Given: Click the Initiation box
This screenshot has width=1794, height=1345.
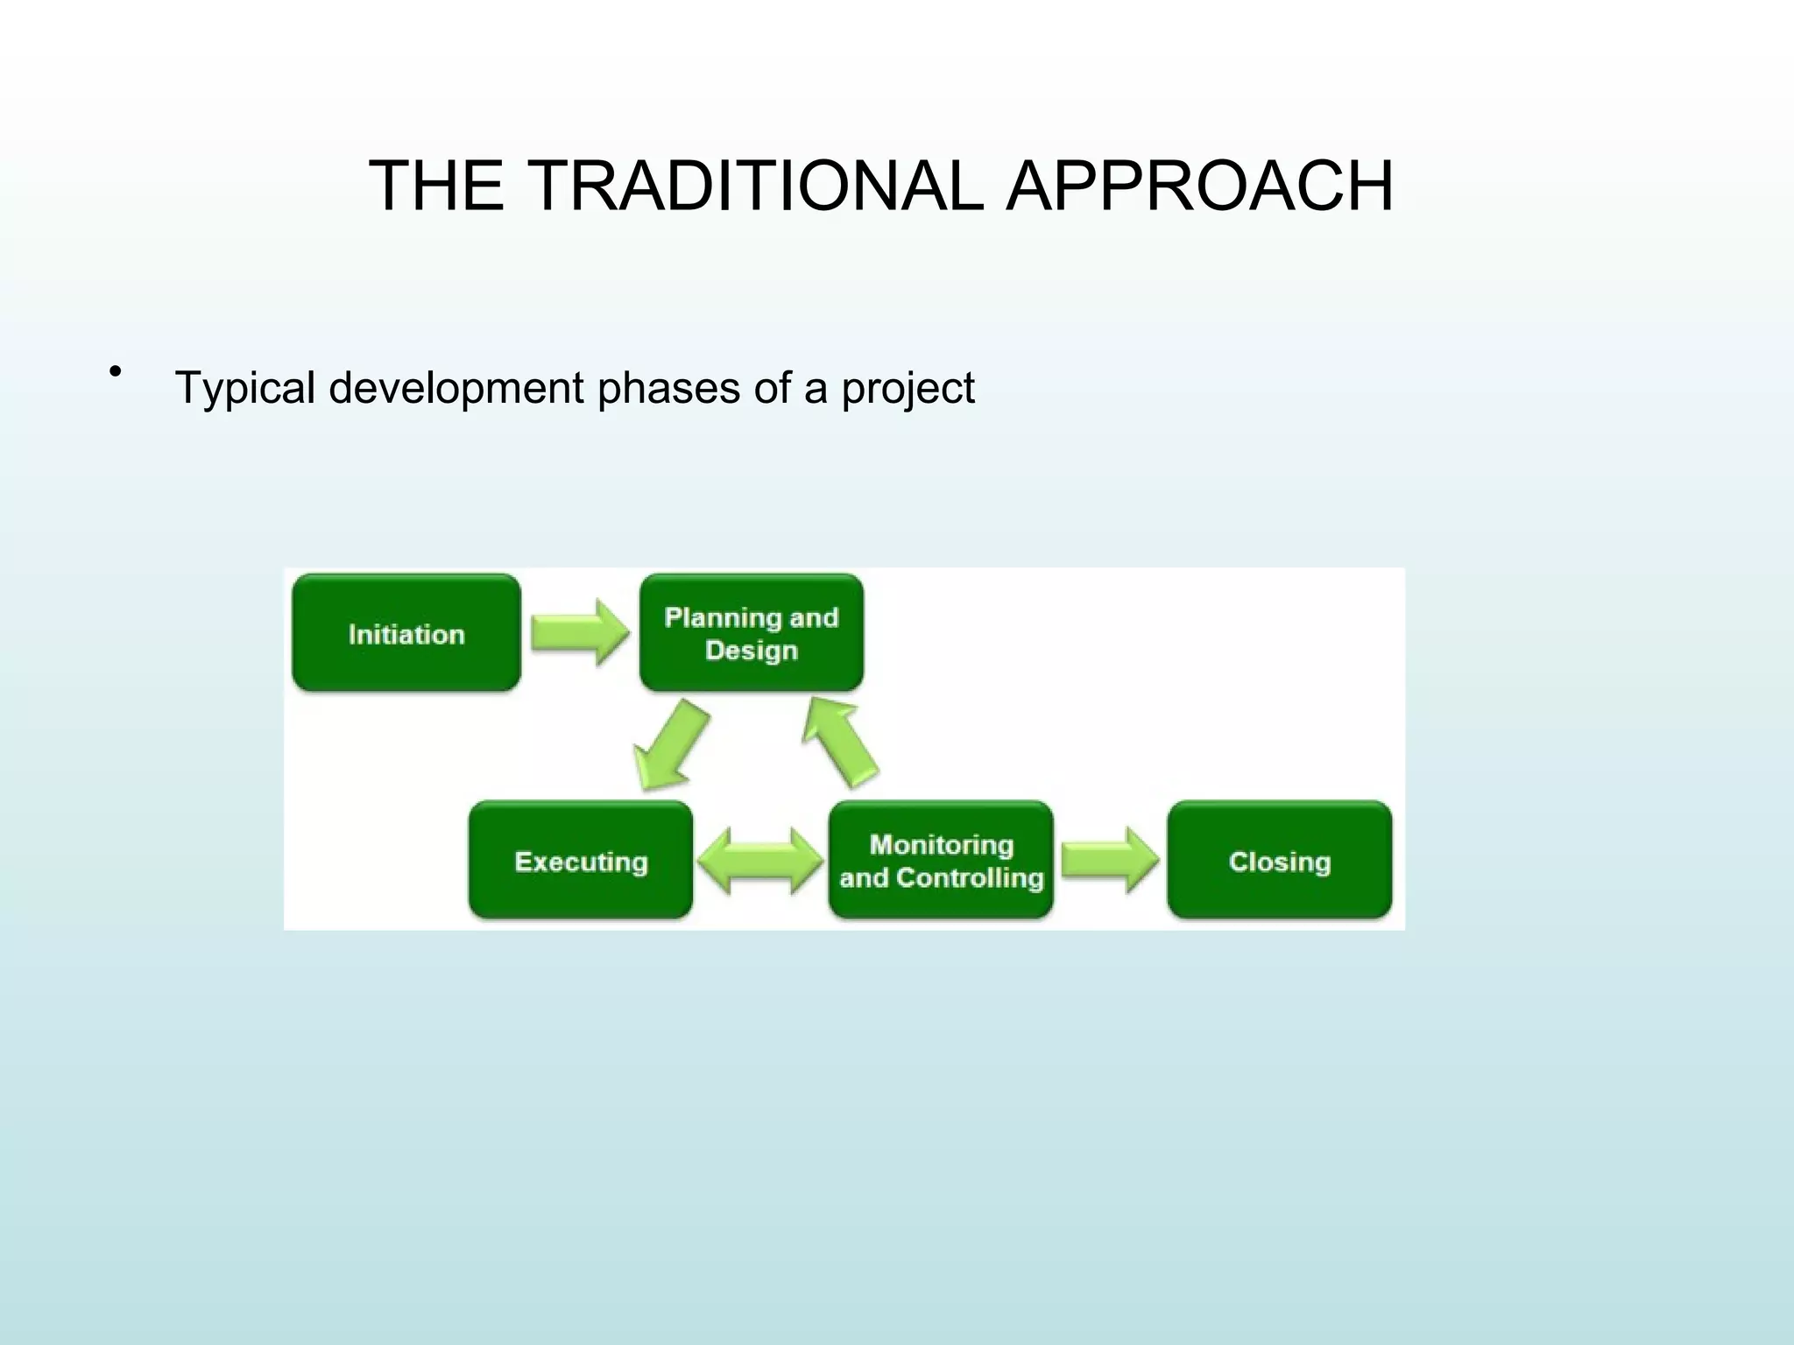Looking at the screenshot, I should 406,633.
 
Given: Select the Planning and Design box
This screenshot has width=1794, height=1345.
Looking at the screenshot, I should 752,633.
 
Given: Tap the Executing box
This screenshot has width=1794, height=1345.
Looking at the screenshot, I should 581,861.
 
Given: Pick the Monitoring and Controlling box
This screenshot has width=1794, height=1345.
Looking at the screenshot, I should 941,861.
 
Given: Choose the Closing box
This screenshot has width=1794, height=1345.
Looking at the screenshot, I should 1280,861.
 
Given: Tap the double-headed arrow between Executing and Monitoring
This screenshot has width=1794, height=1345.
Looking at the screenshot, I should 760,861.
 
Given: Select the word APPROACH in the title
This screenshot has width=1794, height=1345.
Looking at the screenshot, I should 1199,186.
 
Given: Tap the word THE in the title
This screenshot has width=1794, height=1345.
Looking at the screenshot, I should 436,186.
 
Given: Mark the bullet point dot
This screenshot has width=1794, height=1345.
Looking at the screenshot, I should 115,373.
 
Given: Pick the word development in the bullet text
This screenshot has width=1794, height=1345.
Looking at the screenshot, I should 456,388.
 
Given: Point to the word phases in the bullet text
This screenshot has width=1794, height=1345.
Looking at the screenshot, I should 668,388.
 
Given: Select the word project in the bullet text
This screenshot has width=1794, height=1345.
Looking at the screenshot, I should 908,388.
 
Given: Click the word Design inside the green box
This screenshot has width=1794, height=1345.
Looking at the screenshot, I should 752,651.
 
